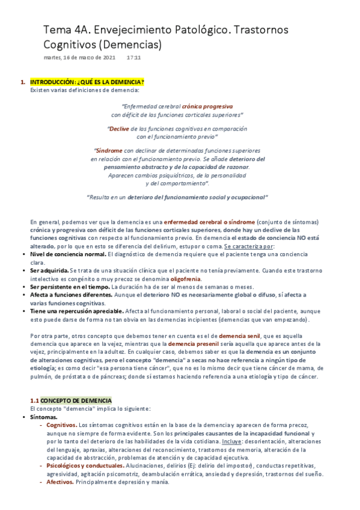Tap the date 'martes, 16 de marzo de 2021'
tap(80, 58)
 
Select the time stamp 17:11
tap(134, 58)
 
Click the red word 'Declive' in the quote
tap(119, 128)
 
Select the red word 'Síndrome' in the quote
tap(109, 150)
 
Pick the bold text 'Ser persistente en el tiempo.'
tap(71, 287)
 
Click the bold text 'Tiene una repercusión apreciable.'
tap(77, 311)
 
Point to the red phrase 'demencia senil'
tap(239, 335)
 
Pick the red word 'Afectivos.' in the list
tap(60, 482)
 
